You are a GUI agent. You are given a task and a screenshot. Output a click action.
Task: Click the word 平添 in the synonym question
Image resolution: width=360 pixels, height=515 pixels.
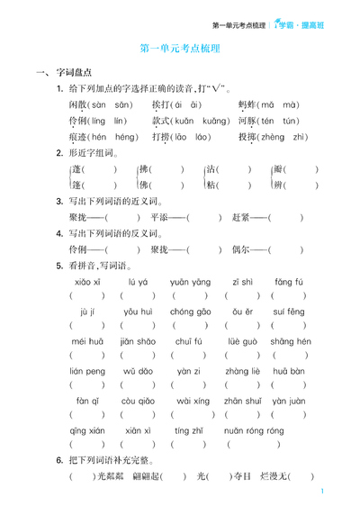click(x=161, y=217)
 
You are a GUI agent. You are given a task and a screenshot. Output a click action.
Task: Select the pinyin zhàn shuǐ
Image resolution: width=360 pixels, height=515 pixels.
click(x=241, y=400)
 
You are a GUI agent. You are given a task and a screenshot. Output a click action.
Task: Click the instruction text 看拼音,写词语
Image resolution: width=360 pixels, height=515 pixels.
click(x=96, y=266)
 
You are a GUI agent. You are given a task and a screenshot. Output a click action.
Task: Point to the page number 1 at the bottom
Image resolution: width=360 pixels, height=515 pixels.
click(x=321, y=492)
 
